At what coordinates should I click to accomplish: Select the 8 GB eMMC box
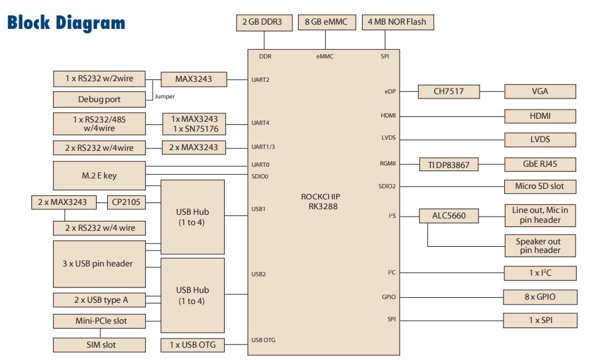[x=326, y=23]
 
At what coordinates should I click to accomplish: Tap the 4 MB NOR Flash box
[x=396, y=23]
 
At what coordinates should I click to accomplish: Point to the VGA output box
[x=540, y=92]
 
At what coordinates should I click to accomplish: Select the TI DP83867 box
[x=449, y=165]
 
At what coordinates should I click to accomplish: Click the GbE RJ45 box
[x=540, y=165]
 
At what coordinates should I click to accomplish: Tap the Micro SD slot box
[x=540, y=186]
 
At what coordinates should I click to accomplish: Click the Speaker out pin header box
[x=540, y=246]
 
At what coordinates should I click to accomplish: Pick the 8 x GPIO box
[x=540, y=297]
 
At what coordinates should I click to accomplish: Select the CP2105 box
[x=126, y=202]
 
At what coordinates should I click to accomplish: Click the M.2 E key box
[x=99, y=176]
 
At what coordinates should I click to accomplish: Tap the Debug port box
[x=99, y=99]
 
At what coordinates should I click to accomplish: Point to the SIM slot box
[x=99, y=345]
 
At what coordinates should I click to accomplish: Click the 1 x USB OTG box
[x=193, y=345]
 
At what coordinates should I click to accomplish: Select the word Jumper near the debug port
[x=164, y=97]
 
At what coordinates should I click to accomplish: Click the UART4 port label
[x=260, y=123]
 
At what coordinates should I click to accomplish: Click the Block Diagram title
[x=66, y=23]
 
